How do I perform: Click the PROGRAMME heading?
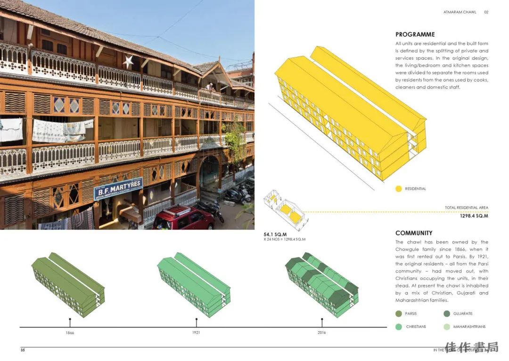tap(415, 34)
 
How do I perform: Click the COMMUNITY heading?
tap(414, 233)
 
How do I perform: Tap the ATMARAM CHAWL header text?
tap(460, 12)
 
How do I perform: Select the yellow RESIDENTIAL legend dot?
tap(399, 189)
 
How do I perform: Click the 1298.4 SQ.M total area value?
tap(474, 216)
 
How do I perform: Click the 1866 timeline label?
tap(70, 333)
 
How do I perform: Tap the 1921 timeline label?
tap(196, 333)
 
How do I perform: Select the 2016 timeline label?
tap(322, 333)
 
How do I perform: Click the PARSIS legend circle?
tap(399, 314)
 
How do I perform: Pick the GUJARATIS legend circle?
tap(446, 314)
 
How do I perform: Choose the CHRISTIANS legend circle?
tap(399, 327)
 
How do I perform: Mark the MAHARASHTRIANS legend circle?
tap(446, 327)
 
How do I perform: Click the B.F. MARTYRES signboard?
tap(118, 189)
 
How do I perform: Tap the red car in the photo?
tap(184, 219)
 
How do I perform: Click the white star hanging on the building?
tap(128, 61)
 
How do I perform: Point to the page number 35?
tap(23, 350)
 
